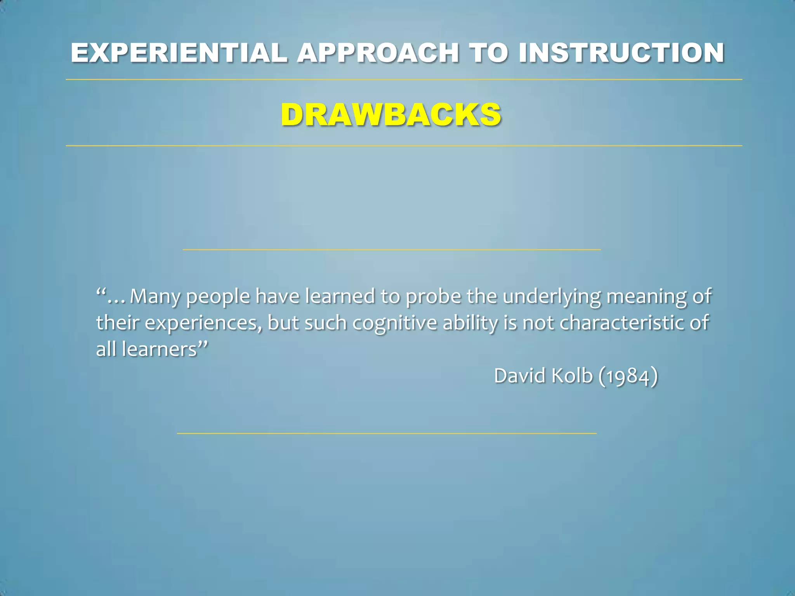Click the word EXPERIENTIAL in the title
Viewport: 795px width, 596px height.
pyautogui.click(x=179, y=53)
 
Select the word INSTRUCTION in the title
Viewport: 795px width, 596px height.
pyautogui.click(x=621, y=53)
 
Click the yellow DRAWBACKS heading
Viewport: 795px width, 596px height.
pyautogui.click(x=391, y=115)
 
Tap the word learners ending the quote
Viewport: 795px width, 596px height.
pyautogui.click(x=160, y=349)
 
